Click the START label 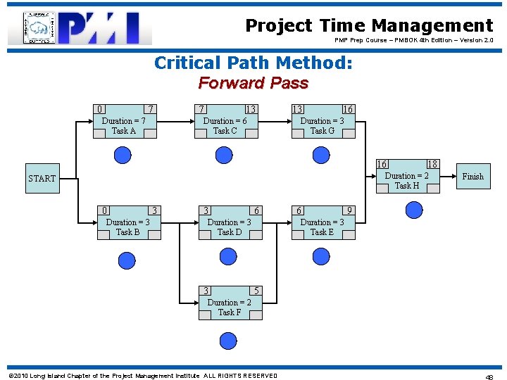tap(42, 179)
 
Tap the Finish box tap(472, 177)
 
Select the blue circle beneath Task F tap(228, 341)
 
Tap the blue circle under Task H tap(414, 210)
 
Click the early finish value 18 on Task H tap(432, 164)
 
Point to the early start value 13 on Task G tap(298, 109)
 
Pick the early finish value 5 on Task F tap(257, 291)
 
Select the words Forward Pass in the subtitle tap(254, 83)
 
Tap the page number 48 tap(489, 376)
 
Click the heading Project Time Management tap(369, 26)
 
